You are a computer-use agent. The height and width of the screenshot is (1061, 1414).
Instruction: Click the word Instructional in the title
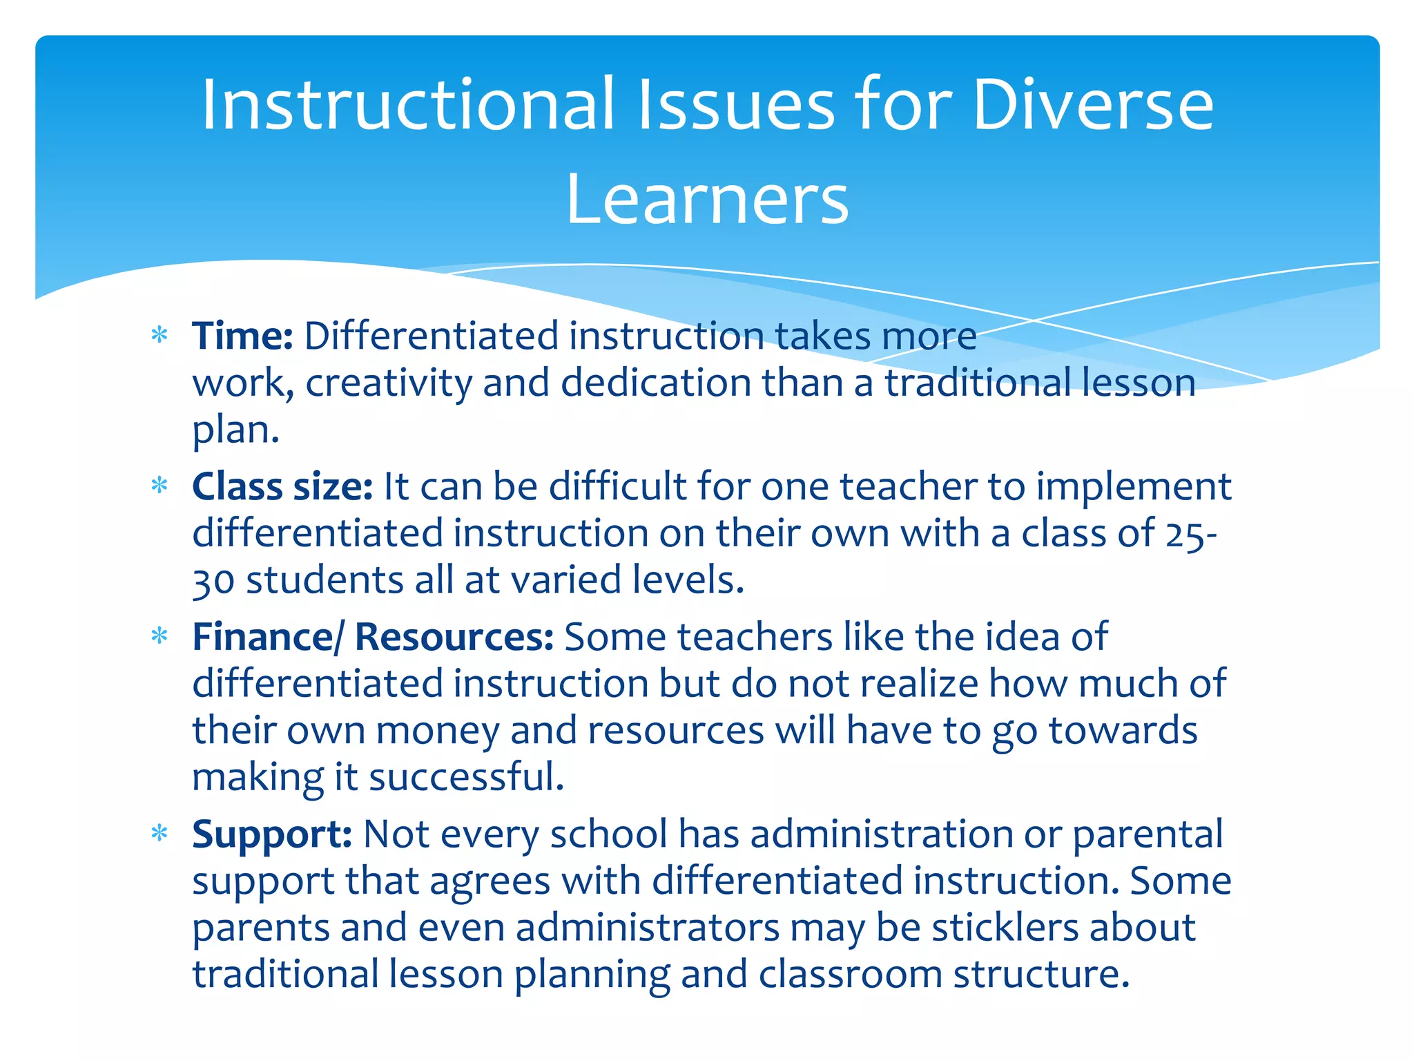click(x=407, y=105)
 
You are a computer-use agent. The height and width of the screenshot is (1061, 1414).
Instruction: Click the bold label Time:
click(x=243, y=336)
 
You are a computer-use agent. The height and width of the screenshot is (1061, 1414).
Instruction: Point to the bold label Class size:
click(x=282, y=486)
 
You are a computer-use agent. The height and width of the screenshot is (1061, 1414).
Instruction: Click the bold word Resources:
click(x=454, y=637)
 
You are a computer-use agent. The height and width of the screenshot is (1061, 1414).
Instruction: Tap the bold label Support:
click(x=272, y=834)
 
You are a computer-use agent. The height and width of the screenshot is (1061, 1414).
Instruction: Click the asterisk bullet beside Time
click(x=159, y=336)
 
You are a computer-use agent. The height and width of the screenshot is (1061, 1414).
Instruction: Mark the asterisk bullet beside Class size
click(x=159, y=486)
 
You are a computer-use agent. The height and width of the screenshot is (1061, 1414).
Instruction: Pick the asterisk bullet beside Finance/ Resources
click(x=159, y=636)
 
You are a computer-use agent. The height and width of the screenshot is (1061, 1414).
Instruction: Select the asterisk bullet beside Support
click(x=159, y=834)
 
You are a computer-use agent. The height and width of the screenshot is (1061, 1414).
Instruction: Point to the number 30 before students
click(x=213, y=581)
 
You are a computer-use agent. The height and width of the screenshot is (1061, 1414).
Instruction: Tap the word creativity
click(x=388, y=383)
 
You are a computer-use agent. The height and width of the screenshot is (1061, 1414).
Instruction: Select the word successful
click(x=466, y=777)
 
